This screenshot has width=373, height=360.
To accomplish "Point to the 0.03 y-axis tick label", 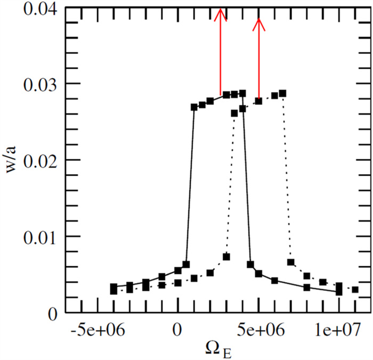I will click(37, 85).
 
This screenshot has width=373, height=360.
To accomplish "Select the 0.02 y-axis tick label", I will click(37, 161).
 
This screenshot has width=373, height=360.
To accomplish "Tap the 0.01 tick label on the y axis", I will click(37, 237).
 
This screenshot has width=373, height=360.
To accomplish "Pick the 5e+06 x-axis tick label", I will click(259, 331).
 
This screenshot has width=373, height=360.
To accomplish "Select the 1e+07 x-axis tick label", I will click(339, 331).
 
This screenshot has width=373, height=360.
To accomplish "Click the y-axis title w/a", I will click(12, 161).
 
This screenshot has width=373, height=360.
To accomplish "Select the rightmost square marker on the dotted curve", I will click(355, 290).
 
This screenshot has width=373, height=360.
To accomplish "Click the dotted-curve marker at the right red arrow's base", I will click(259, 101).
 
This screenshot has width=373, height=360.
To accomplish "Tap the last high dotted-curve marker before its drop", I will click(282, 94).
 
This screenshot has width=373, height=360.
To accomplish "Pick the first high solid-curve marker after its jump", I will click(194, 107).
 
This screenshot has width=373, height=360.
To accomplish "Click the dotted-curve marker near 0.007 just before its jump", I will click(226, 257).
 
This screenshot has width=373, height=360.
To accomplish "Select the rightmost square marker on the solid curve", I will click(339, 291).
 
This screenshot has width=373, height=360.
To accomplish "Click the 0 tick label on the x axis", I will click(178, 331).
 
